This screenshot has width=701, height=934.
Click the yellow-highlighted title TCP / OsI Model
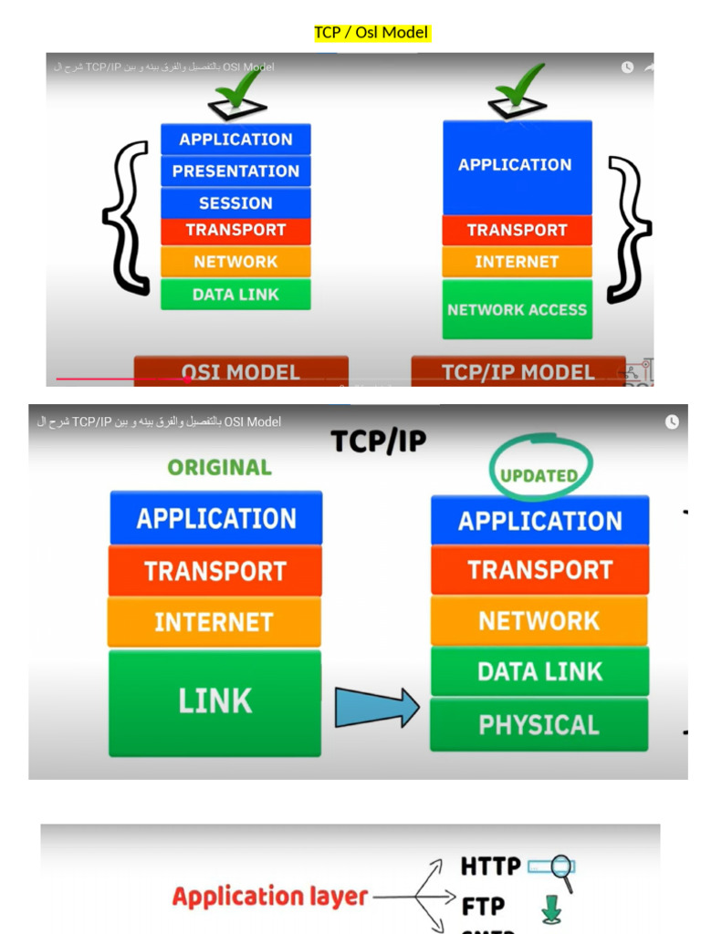(x=371, y=33)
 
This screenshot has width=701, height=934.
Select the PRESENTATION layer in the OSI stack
(x=235, y=171)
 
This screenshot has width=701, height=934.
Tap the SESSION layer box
(x=235, y=202)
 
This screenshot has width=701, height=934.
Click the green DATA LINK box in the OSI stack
(x=235, y=295)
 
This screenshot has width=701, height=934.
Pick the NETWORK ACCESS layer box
(x=517, y=310)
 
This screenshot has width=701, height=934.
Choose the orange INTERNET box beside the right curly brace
(x=517, y=262)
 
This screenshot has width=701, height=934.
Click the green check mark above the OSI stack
(x=239, y=92)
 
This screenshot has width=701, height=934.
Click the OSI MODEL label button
(x=241, y=371)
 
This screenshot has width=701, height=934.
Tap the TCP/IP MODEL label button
(x=518, y=371)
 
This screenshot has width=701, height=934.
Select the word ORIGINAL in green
(x=219, y=467)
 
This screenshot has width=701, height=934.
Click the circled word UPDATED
(x=539, y=473)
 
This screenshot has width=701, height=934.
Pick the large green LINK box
(x=214, y=701)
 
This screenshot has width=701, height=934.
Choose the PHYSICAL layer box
(x=539, y=725)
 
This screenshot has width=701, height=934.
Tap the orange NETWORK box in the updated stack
(x=539, y=621)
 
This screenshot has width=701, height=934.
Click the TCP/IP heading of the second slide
(x=378, y=441)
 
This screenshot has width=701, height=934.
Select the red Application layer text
(x=269, y=897)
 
